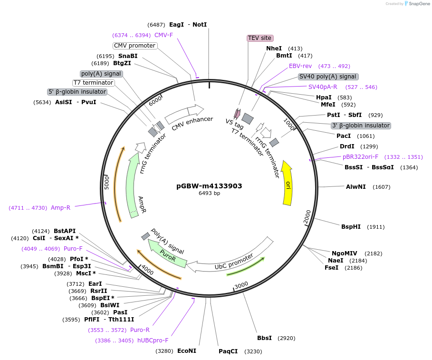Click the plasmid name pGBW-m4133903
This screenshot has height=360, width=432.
pos(209,186)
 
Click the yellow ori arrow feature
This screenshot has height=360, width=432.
pos(287,183)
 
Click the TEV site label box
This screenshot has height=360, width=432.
pos(260,38)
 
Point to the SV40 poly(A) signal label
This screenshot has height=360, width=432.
pos(328,77)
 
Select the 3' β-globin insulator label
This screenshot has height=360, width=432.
pos(361,126)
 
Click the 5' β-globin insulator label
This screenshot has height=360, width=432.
pos(77,92)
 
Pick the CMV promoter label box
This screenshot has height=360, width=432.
pos(135,46)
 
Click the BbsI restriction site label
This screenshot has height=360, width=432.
pos(264,338)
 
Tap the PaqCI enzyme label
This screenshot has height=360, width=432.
pos(228,351)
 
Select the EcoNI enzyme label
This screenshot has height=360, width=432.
pos(186,351)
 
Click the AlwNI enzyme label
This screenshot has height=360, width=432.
pos(356,187)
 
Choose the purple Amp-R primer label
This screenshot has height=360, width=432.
pos(60,208)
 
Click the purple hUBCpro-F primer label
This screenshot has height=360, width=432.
pos(153,341)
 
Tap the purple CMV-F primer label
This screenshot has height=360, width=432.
pos(163,35)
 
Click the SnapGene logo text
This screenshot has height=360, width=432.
pos(419,4)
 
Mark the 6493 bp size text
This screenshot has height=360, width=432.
pos(209,194)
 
